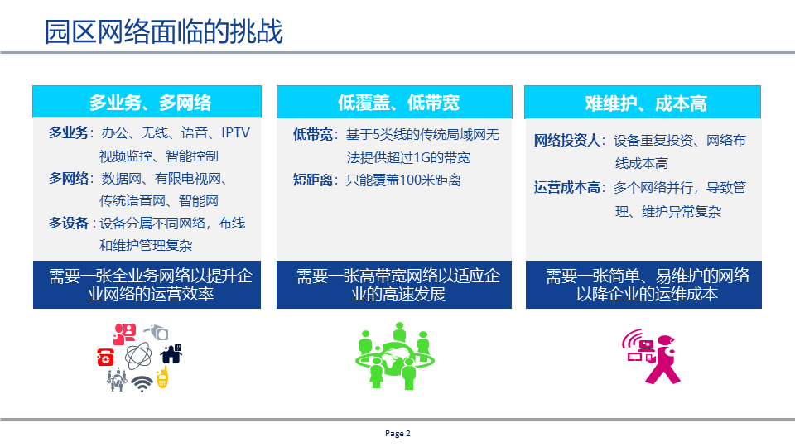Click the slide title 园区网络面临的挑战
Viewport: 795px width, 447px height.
click(164, 31)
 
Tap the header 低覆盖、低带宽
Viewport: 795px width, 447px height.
click(398, 103)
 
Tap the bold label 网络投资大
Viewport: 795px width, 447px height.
click(568, 141)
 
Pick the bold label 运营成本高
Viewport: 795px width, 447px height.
click(568, 188)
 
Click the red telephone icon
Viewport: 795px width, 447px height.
click(106, 356)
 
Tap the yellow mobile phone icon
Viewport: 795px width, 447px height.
click(162, 377)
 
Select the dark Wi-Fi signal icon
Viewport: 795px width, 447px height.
click(142, 383)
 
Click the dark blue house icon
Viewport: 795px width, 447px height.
click(171, 353)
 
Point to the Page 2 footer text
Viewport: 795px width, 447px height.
click(397, 434)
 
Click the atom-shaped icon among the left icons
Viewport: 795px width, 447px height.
click(137, 356)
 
